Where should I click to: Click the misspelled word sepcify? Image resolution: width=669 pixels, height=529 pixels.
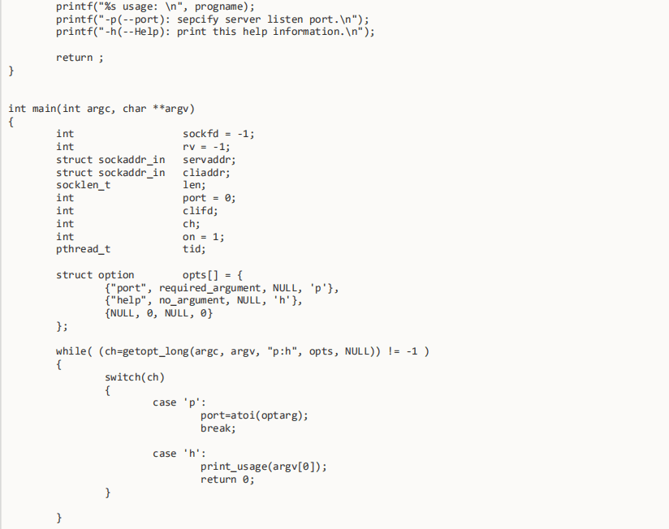pyautogui.click(x=197, y=19)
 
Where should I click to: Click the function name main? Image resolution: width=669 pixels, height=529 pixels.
pyautogui.click(x=45, y=109)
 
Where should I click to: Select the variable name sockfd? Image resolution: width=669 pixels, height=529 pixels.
pyautogui.click(x=201, y=134)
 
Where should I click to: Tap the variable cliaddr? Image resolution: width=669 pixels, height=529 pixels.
pyautogui.click(x=205, y=173)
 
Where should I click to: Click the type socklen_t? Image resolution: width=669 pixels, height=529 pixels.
pyautogui.click(x=83, y=185)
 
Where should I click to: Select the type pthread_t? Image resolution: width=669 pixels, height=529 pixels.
pyautogui.click(x=83, y=249)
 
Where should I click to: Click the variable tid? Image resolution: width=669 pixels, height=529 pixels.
pyautogui.click(x=192, y=249)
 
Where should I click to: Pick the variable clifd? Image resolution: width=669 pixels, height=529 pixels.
pyautogui.click(x=198, y=211)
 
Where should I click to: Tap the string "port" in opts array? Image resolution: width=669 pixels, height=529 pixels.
pyautogui.click(x=128, y=288)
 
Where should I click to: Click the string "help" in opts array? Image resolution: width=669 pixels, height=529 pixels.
pyautogui.click(x=128, y=300)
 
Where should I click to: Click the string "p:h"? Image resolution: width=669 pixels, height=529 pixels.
pyautogui.click(x=283, y=351)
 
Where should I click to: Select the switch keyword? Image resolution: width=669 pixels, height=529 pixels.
pyautogui.click(x=123, y=377)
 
